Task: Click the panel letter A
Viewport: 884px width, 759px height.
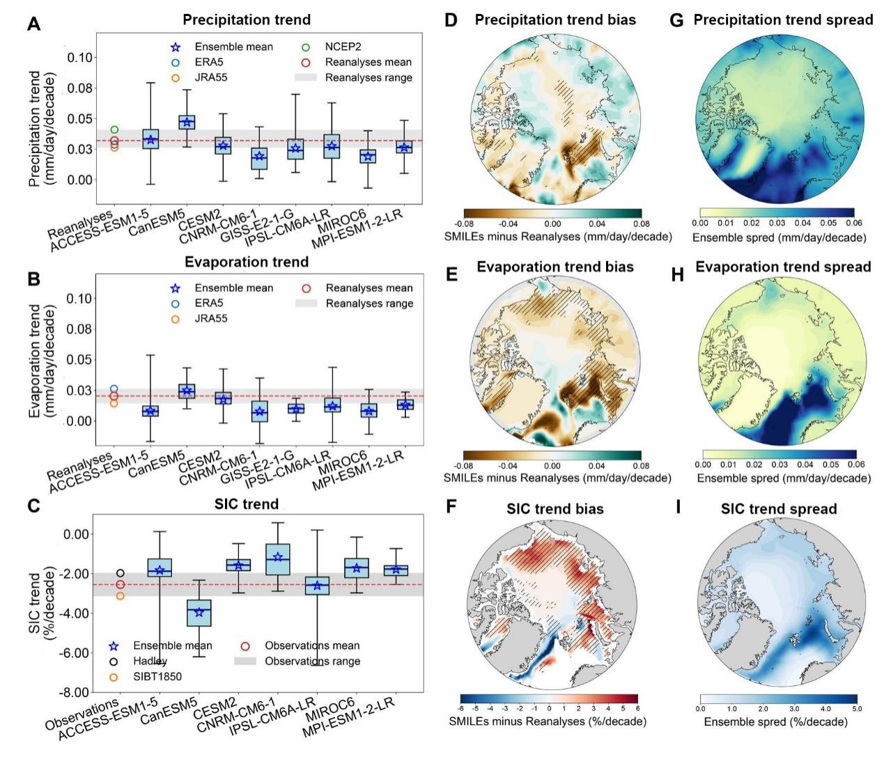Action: click(33, 24)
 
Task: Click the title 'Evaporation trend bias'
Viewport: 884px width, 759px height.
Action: click(555, 267)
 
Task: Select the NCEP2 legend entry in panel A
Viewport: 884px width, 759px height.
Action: click(342, 47)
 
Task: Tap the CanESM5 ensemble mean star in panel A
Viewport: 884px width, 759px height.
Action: click(187, 122)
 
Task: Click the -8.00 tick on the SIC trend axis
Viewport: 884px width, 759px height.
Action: click(75, 693)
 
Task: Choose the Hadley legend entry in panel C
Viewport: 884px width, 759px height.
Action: click(150, 661)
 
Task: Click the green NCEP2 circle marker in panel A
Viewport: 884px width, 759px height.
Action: click(114, 130)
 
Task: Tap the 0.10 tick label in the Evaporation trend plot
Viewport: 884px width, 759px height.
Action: click(80, 299)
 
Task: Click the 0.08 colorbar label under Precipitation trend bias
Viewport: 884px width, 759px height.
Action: click(641, 224)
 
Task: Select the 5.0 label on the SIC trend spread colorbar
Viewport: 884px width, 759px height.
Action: click(857, 708)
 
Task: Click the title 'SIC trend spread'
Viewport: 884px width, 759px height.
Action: click(779, 509)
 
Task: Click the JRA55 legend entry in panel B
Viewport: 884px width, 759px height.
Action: click(210, 318)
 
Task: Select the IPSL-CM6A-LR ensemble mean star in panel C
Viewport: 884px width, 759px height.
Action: click(317, 586)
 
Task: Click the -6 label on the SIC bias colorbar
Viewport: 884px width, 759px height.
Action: click(461, 708)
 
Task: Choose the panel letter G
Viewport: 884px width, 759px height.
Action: click(676, 20)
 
